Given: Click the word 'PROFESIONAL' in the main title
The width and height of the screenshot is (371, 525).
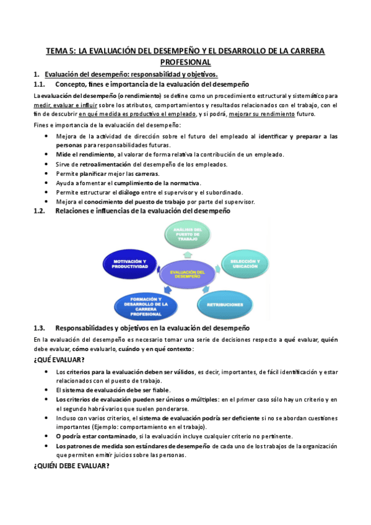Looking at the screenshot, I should click(x=186, y=63).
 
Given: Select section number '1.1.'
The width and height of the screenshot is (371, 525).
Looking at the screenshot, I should click(x=40, y=84).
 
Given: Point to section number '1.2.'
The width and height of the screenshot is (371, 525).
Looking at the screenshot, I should click(x=40, y=211).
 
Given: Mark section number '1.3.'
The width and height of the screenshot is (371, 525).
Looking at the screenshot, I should click(x=40, y=328).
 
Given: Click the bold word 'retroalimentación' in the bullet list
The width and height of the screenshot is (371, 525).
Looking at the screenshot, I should click(x=105, y=164).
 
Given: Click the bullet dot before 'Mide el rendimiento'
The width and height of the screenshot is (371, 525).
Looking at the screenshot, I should click(x=48, y=155).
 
